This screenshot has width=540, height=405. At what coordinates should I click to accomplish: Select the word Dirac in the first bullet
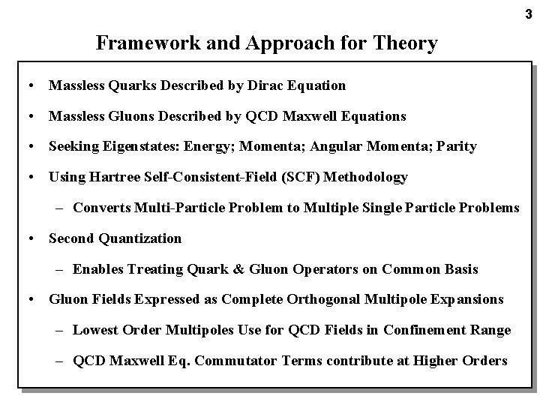click(263, 85)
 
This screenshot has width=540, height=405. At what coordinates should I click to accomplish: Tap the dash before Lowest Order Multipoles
click(60, 330)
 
